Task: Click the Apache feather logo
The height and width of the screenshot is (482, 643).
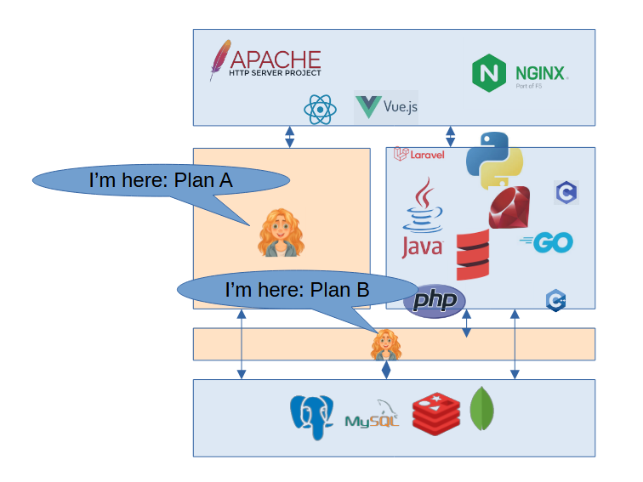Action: tap(219, 60)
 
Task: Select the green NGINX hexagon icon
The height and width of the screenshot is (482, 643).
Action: tap(488, 73)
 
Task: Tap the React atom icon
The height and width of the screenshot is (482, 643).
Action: tap(316, 109)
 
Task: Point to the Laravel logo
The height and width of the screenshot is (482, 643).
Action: tap(419, 154)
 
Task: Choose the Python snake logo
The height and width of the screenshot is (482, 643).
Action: tap(494, 161)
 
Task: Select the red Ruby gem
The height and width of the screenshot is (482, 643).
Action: tap(509, 207)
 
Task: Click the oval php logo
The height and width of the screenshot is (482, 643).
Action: tap(435, 302)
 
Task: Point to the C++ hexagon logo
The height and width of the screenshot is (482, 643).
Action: tap(556, 299)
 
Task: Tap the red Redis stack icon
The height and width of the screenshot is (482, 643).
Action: tap(435, 414)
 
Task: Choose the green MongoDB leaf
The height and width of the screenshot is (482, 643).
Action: tap(482, 409)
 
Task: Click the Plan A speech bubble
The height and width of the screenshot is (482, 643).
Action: tap(161, 180)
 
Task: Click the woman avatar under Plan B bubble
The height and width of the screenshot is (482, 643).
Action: tap(386, 345)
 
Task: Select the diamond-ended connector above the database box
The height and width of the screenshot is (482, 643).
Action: tap(386, 370)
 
